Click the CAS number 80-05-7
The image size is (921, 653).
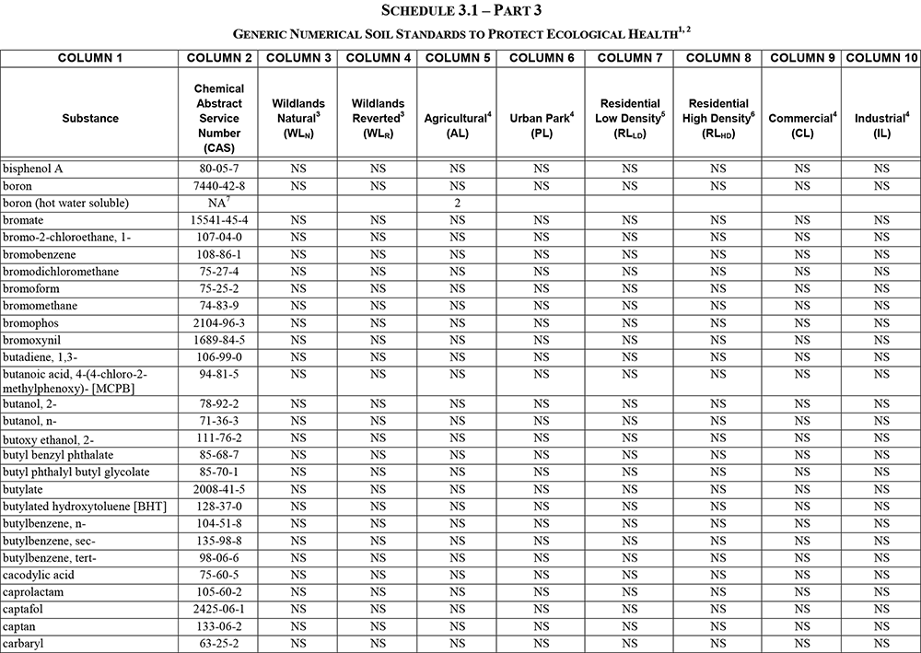click(219, 169)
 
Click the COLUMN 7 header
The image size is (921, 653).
click(629, 58)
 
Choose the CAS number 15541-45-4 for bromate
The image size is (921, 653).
click(219, 220)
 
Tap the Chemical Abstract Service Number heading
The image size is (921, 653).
click(219, 118)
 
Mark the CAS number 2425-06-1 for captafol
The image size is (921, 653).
click(219, 609)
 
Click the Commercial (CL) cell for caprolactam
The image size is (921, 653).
click(802, 591)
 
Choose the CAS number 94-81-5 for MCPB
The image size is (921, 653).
click(219, 374)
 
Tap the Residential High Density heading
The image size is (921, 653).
click(718, 118)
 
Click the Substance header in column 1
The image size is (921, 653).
click(90, 118)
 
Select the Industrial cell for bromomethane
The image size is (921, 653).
click(881, 306)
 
